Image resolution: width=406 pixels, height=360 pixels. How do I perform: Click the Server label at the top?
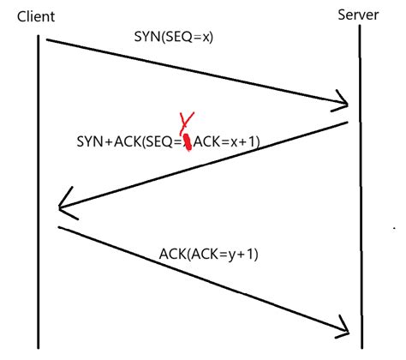coord(358,15)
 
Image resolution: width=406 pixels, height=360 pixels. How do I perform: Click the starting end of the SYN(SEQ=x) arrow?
coord(48,39)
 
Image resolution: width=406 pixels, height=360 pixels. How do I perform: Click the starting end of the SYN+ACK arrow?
coord(347,123)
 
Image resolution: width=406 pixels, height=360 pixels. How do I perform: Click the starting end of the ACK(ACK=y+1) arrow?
coord(59,227)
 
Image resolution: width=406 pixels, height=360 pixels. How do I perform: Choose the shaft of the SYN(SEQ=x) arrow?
coord(197,73)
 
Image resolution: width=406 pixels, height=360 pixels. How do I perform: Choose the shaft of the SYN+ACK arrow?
coord(206,165)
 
